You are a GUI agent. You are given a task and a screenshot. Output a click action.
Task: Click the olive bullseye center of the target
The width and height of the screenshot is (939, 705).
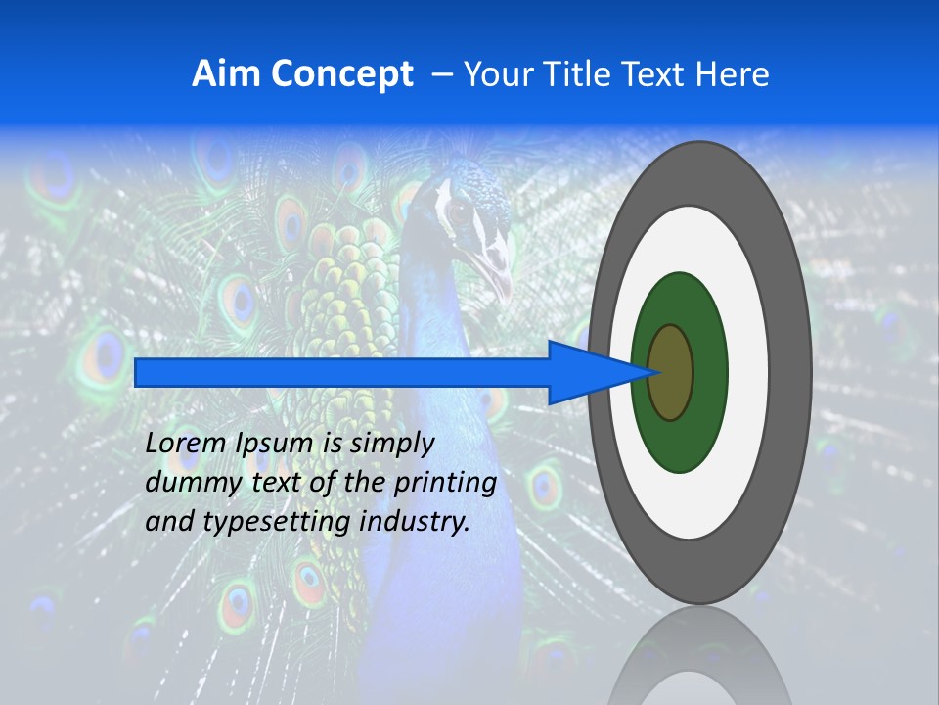(x=671, y=373)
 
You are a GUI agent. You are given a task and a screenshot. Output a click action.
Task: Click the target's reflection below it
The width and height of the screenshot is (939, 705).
(x=699, y=656)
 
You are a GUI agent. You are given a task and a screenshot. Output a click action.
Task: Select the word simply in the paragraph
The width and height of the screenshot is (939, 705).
(x=391, y=444)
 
